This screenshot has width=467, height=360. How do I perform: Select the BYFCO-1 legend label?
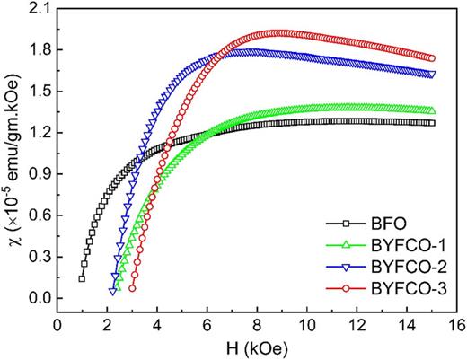(410, 245)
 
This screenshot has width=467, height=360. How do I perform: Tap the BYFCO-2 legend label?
(410, 266)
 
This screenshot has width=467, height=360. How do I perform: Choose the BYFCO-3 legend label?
(410, 287)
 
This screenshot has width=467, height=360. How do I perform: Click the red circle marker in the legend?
(347, 287)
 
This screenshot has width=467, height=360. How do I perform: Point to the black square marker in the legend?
(347, 224)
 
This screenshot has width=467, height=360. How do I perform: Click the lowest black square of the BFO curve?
(82, 279)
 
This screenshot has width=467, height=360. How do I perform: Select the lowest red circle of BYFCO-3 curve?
(132, 288)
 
